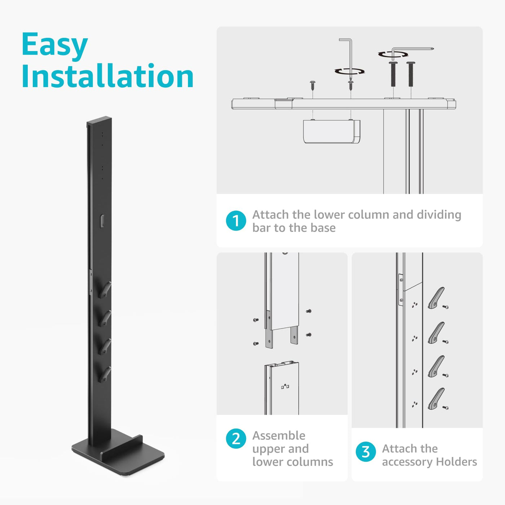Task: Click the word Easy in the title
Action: click(x=54, y=45)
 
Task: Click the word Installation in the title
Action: click(x=107, y=76)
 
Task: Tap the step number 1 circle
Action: click(x=236, y=221)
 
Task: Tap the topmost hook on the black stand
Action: click(x=105, y=290)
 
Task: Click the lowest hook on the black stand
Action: click(x=105, y=374)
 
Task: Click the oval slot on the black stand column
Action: click(x=102, y=221)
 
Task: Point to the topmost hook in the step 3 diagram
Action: click(x=436, y=298)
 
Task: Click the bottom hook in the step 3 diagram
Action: click(x=436, y=399)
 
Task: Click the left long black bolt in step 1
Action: click(x=393, y=74)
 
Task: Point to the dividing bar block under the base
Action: click(x=331, y=132)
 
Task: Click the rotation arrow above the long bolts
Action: click(x=393, y=54)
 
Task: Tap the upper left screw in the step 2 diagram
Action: click(x=256, y=320)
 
